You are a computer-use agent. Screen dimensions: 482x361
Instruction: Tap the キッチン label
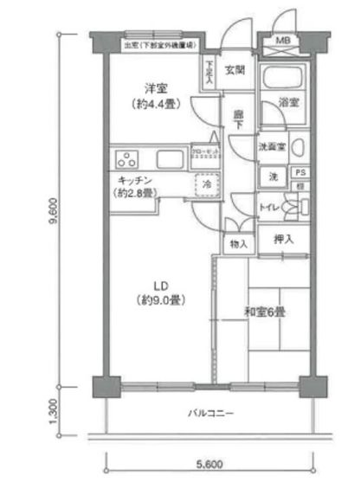coord(138,179)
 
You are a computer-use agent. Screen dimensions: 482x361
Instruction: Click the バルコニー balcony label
coord(211,413)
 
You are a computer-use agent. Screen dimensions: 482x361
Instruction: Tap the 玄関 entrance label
coord(234,71)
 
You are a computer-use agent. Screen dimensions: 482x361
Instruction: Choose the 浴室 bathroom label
coord(288,102)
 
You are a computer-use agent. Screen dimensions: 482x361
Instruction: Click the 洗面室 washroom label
coord(273,146)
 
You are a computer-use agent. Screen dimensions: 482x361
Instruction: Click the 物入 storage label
coord(239,244)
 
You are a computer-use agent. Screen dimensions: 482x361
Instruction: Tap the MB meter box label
coord(283,41)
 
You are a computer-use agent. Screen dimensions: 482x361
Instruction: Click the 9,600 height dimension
coord(53,209)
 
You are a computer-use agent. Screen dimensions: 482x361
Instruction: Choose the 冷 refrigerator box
coord(207,183)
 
